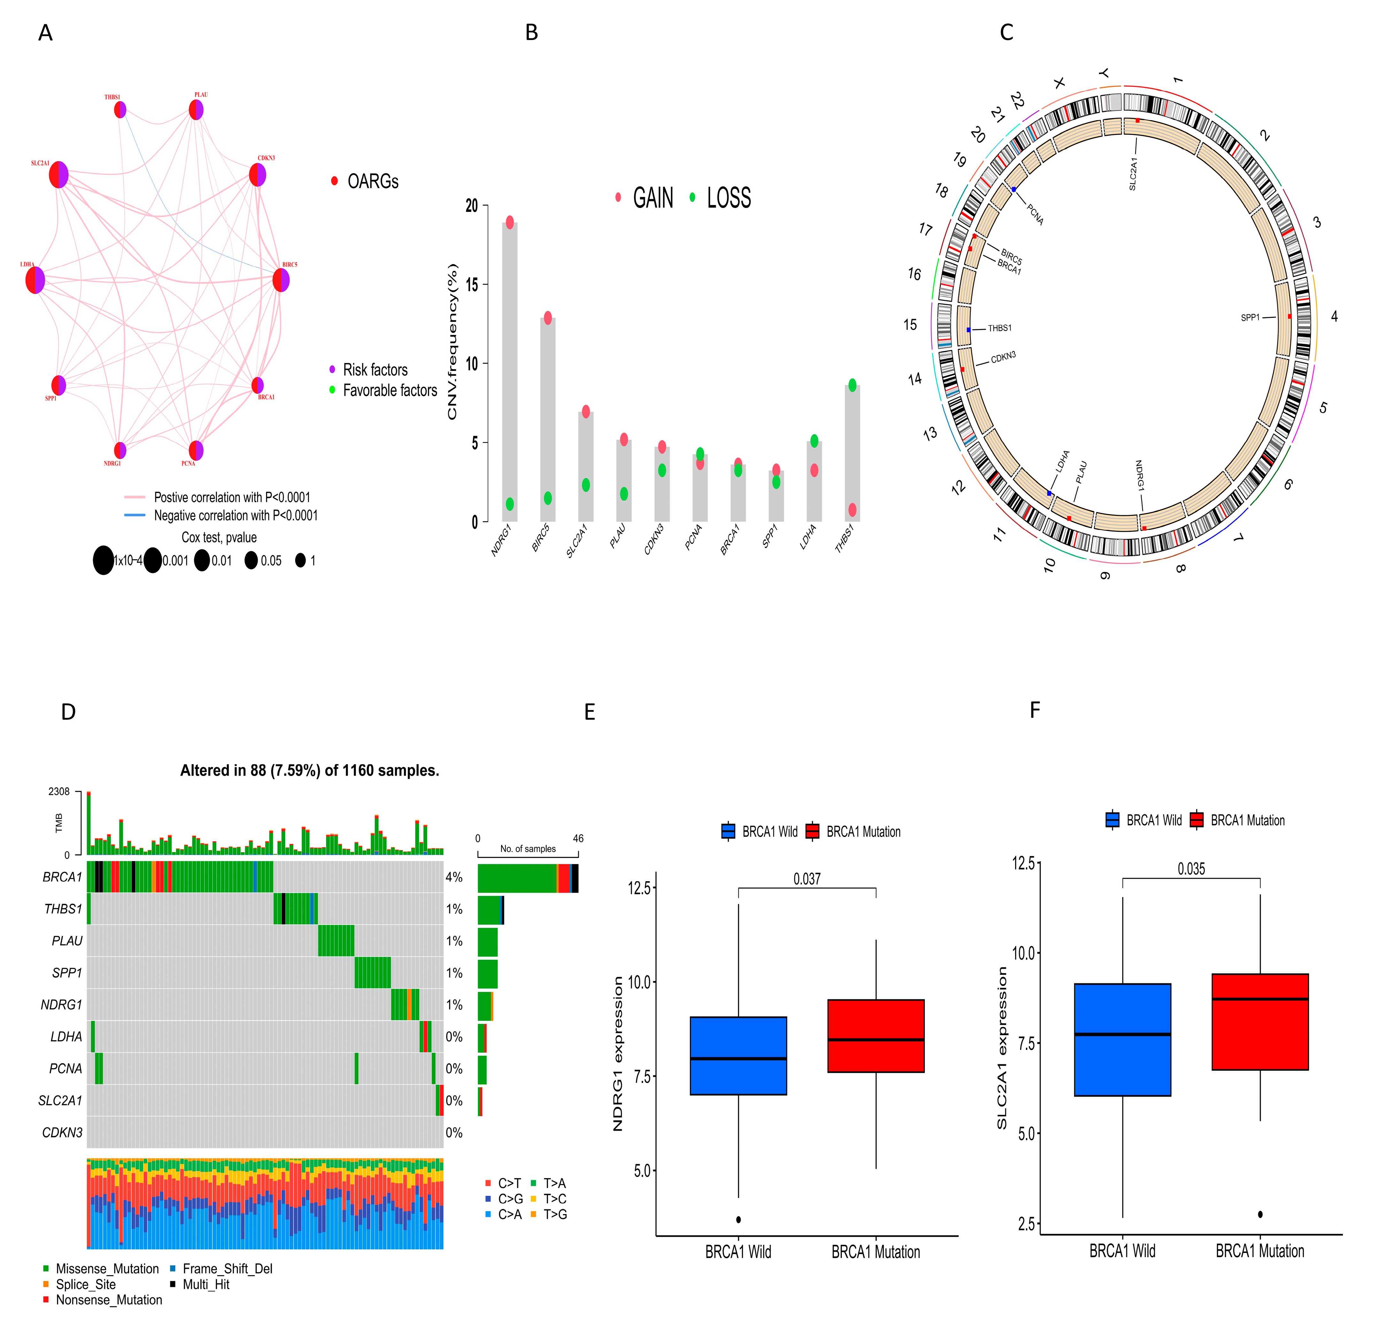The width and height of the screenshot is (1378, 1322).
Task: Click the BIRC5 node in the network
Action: (x=280, y=280)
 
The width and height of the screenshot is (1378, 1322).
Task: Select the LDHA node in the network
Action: (x=35, y=280)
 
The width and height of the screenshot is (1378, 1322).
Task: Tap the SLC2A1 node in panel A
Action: (x=58, y=174)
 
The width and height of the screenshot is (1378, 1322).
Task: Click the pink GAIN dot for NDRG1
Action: (x=510, y=222)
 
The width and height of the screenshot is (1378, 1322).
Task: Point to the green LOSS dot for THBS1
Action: (x=852, y=385)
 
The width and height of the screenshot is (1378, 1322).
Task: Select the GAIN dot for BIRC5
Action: (x=548, y=318)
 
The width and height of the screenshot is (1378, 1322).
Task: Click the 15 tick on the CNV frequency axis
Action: (x=471, y=285)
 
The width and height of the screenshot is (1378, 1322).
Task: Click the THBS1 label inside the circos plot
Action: (x=999, y=328)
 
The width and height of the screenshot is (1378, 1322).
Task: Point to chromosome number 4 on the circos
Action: (x=1334, y=317)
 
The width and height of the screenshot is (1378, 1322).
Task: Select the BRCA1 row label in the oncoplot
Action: (x=62, y=877)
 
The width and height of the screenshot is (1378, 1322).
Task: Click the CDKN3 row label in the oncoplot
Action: (x=62, y=1132)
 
